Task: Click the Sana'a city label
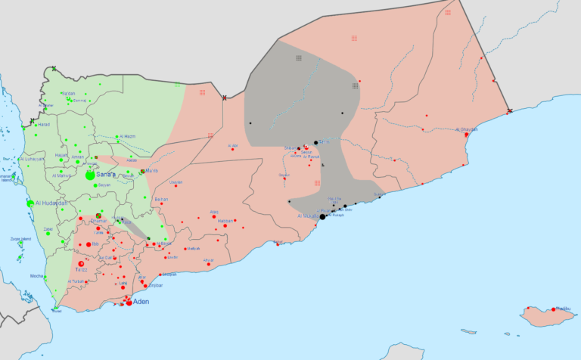pyautogui.click(x=107, y=175)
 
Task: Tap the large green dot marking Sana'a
pyautogui.click(x=90, y=175)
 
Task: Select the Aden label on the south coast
pyautogui.click(x=141, y=301)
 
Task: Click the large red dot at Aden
pyautogui.click(x=129, y=303)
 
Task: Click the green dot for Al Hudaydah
pyautogui.click(x=30, y=203)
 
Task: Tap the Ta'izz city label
pyautogui.click(x=82, y=270)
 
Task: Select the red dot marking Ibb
pyautogui.click(x=88, y=245)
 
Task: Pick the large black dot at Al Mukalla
pyautogui.click(x=322, y=217)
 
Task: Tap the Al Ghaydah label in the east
pyautogui.click(x=467, y=129)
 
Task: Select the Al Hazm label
pyautogui.click(x=127, y=136)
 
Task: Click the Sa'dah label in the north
pyautogui.click(x=68, y=93)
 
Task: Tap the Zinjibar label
pyautogui.click(x=154, y=286)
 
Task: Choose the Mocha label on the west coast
pyautogui.click(x=36, y=277)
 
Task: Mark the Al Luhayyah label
pyautogui.click(x=33, y=159)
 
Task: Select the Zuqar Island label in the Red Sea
pyautogui.click(x=20, y=239)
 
